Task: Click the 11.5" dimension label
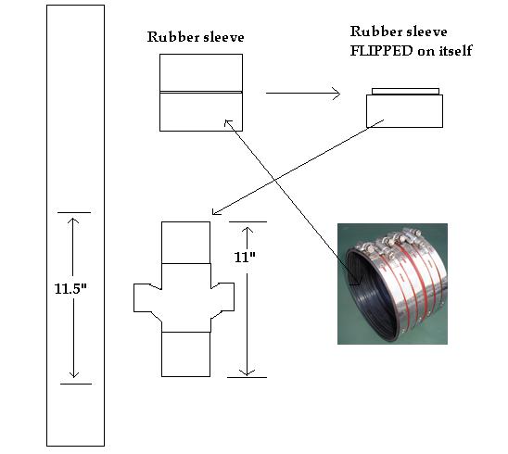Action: (x=70, y=288)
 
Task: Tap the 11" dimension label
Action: (x=245, y=258)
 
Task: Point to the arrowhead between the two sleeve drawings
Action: (x=337, y=94)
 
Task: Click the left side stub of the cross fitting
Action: (x=147, y=298)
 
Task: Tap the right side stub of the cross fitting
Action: (x=222, y=297)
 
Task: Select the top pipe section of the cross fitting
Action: (x=185, y=243)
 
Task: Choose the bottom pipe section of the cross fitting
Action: (x=185, y=354)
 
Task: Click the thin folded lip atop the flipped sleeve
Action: (x=405, y=92)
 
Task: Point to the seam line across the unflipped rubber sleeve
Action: (x=201, y=93)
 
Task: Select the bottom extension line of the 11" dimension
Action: (x=247, y=377)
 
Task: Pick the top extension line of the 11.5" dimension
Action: (x=74, y=213)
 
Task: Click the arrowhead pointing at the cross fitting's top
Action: (x=215, y=212)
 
